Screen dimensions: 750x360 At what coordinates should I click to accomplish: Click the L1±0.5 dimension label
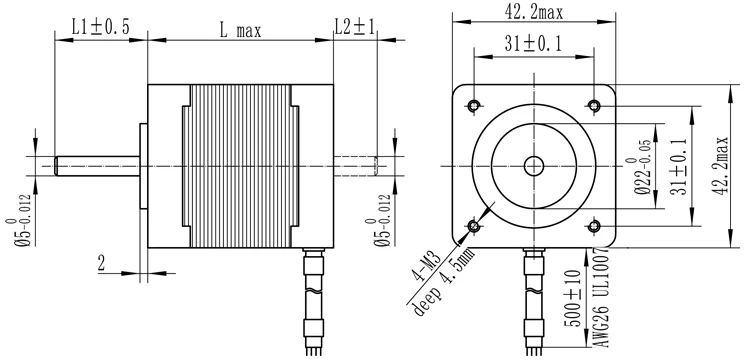tap(100, 27)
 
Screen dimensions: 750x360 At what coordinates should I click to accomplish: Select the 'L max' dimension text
tap(240, 31)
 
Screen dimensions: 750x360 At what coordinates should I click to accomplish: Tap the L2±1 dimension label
tap(354, 27)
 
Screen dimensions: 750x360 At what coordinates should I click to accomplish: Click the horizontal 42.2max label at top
tap(534, 12)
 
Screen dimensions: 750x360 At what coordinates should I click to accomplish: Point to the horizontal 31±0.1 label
tap(533, 44)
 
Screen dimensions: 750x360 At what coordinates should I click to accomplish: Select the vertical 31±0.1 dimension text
tap(678, 166)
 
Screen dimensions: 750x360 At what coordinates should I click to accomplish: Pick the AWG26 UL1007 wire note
tap(603, 297)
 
